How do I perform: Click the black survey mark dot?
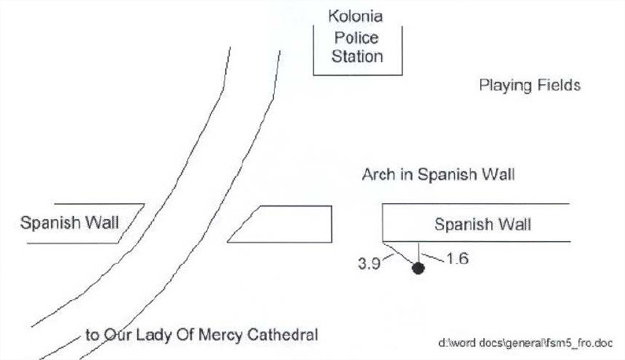click(418, 268)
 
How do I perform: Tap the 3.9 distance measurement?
click(369, 264)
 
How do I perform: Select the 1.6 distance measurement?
click(457, 258)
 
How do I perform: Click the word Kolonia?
click(357, 16)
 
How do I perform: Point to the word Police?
click(357, 37)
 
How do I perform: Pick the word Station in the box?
click(357, 57)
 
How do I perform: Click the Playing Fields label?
click(530, 85)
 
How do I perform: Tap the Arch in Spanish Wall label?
click(438, 174)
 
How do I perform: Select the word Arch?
click(377, 174)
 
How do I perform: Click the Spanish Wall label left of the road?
click(69, 222)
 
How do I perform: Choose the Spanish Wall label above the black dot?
click(483, 225)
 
